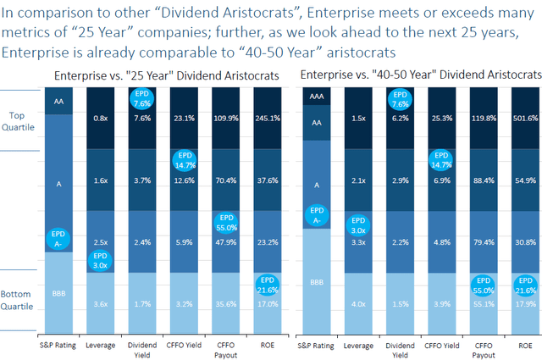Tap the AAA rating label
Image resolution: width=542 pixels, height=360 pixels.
pos(317,100)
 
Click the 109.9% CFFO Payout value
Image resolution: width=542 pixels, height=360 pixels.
pos(224,119)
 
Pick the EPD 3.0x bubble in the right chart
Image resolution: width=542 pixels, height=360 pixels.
pos(357,225)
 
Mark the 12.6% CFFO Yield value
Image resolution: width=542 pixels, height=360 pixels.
pos(184,180)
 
